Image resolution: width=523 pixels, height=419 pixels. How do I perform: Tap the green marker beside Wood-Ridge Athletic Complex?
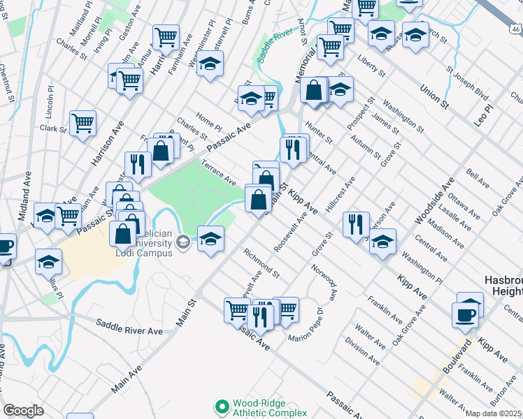click(222, 406)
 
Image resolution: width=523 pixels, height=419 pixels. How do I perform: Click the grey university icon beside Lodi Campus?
click(183, 243)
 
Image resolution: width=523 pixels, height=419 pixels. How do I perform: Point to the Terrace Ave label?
click(219, 172)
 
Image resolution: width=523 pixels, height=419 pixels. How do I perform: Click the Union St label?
click(434, 96)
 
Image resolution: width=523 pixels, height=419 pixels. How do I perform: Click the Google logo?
click(23, 411)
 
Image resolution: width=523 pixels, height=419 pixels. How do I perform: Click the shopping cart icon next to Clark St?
click(83, 124)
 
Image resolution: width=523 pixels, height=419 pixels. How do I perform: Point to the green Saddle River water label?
click(273, 46)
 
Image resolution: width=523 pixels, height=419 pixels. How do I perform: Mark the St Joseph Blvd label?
click(466, 83)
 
